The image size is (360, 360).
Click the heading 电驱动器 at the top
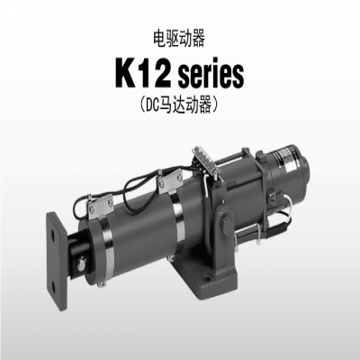pos(179,40)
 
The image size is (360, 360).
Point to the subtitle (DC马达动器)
pos(180,106)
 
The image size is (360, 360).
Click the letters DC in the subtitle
pos(151,106)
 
